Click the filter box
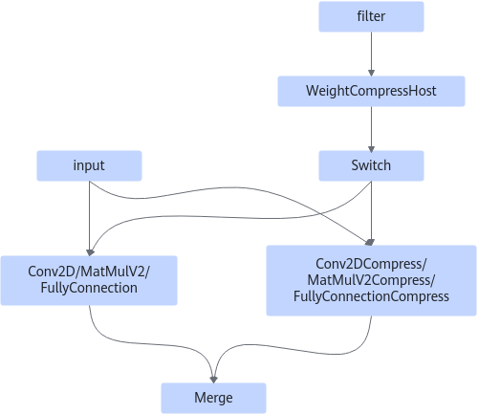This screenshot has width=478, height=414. click(371, 16)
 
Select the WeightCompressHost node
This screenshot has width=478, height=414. click(371, 91)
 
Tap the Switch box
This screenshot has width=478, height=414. click(371, 165)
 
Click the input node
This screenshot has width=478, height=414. click(89, 165)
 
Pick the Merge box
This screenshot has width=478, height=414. click(213, 398)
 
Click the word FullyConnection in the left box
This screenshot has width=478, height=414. click(89, 288)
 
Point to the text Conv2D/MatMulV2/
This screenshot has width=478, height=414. click(89, 272)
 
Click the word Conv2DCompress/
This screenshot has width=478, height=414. click(371, 264)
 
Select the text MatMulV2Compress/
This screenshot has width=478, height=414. click(371, 280)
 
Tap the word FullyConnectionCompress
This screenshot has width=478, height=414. click(371, 296)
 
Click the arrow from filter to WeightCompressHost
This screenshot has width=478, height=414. click(371, 54)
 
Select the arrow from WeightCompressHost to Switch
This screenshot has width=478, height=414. click(371, 128)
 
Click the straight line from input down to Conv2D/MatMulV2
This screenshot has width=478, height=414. click(89, 218)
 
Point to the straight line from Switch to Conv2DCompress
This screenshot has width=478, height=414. click(371, 213)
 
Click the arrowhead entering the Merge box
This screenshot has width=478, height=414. click(213, 380)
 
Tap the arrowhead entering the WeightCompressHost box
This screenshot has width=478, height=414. click(371, 73)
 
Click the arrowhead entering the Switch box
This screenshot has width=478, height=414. click(371, 147)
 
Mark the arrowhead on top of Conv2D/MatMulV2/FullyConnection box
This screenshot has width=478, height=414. click(90, 252)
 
